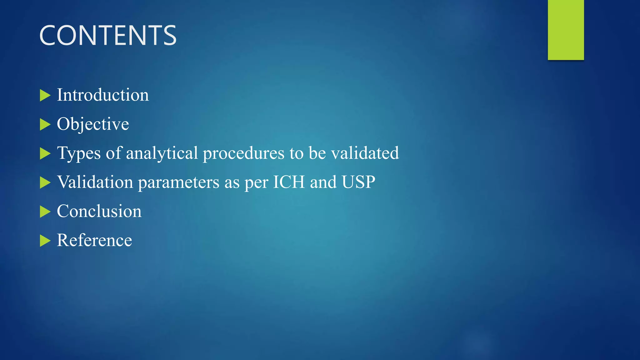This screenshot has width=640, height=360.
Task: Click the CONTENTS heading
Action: click(x=108, y=36)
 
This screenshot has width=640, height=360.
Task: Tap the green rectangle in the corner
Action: click(x=566, y=30)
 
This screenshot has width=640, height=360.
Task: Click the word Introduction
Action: click(x=103, y=95)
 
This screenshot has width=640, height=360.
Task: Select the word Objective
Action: click(x=93, y=124)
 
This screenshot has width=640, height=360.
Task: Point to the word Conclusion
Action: click(x=99, y=211)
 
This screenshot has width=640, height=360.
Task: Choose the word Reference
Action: click(x=94, y=240)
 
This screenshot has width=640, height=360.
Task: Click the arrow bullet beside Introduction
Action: click(x=45, y=95)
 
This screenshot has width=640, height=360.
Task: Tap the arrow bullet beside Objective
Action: click(x=45, y=124)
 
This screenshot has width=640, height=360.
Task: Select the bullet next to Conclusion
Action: click(x=45, y=212)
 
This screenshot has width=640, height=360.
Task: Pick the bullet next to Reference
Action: click(x=45, y=241)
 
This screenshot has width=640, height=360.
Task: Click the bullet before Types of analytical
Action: click(x=45, y=153)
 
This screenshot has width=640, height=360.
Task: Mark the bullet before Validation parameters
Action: click(x=45, y=182)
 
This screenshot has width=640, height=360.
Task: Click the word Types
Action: click(x=79, y=153)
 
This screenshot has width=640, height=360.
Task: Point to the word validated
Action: click(x=365, y=153)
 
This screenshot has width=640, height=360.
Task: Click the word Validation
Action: click(x=95, y=182)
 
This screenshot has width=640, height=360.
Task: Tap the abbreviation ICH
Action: click(x=289, y=182)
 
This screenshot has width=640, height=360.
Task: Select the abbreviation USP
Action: click(x=358, y=182)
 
